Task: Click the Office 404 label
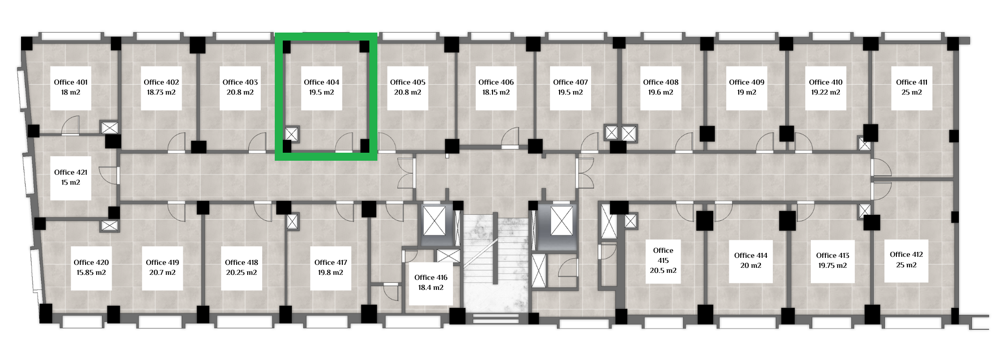click(x=321, y=82)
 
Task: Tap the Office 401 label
click(x=71, y=82)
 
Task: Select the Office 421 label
click(x=71, y=172)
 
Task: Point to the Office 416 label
click(x=430, y=277)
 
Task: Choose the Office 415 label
click(x=663, y=255)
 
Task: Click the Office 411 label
click(x=911, y=82)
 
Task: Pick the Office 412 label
click(x=906, y=254)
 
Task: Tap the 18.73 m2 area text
click(x=161, y=92)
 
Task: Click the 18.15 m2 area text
click(x=496, y=92)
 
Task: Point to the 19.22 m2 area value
click(x=825, y=92)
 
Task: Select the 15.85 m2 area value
click(x=91, y=272)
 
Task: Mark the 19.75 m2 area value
click(x=832, y=265)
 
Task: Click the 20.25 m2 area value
click(x=241, y=272)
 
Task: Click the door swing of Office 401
click(x=71, y=125)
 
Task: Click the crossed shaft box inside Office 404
click(x=291, y=134)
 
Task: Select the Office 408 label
click(x=661, y=82)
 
